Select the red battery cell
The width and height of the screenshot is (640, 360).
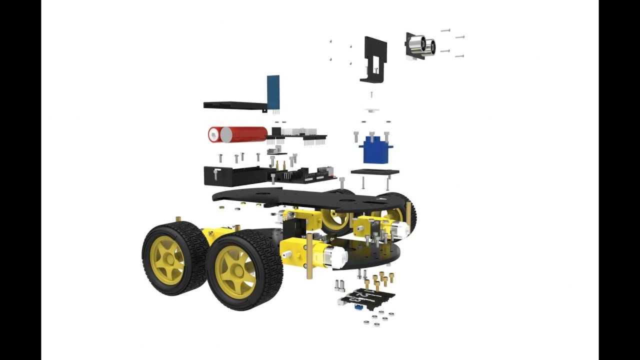coord(245,134)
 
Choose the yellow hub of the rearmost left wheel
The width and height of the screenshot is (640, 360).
coord(167,259)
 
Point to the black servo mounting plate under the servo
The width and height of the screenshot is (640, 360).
coord(375,172)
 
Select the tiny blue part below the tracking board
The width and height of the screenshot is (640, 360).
coord(358,307)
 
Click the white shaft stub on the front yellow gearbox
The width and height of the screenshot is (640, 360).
coord(286,254)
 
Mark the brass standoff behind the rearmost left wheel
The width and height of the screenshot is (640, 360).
coord(177,220)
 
